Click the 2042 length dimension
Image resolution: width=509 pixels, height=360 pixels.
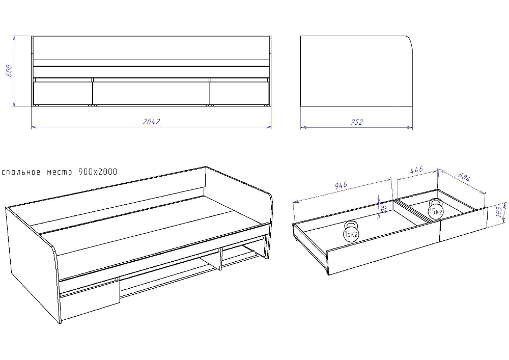[151, 121]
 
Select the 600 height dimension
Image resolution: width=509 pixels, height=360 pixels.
[9, 71]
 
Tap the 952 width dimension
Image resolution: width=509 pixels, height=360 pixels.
[356, 122]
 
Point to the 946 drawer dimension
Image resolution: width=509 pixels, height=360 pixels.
[341, 185]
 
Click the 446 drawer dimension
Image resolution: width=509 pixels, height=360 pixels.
[416, 170]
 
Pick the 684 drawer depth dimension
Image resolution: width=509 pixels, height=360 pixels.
[464, 177]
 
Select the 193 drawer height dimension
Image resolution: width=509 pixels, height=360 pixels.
[499, 212]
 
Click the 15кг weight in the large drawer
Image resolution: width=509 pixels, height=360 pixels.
[351, 231]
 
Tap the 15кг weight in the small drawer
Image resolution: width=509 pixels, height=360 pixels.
[436, 209]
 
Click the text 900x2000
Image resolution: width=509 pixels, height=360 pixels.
[98, 172]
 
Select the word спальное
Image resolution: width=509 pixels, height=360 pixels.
[21, 172]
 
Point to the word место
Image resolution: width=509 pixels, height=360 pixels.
[60, 172]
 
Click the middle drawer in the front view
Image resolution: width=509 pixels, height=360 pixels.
[151, 93]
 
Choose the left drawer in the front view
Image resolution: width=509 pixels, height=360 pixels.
[63, 93]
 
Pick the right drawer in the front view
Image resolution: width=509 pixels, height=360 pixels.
[240, 93]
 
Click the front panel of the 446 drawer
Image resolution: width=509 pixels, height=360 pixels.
[464, 224]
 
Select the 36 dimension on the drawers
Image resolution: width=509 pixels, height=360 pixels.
[384, 208]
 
